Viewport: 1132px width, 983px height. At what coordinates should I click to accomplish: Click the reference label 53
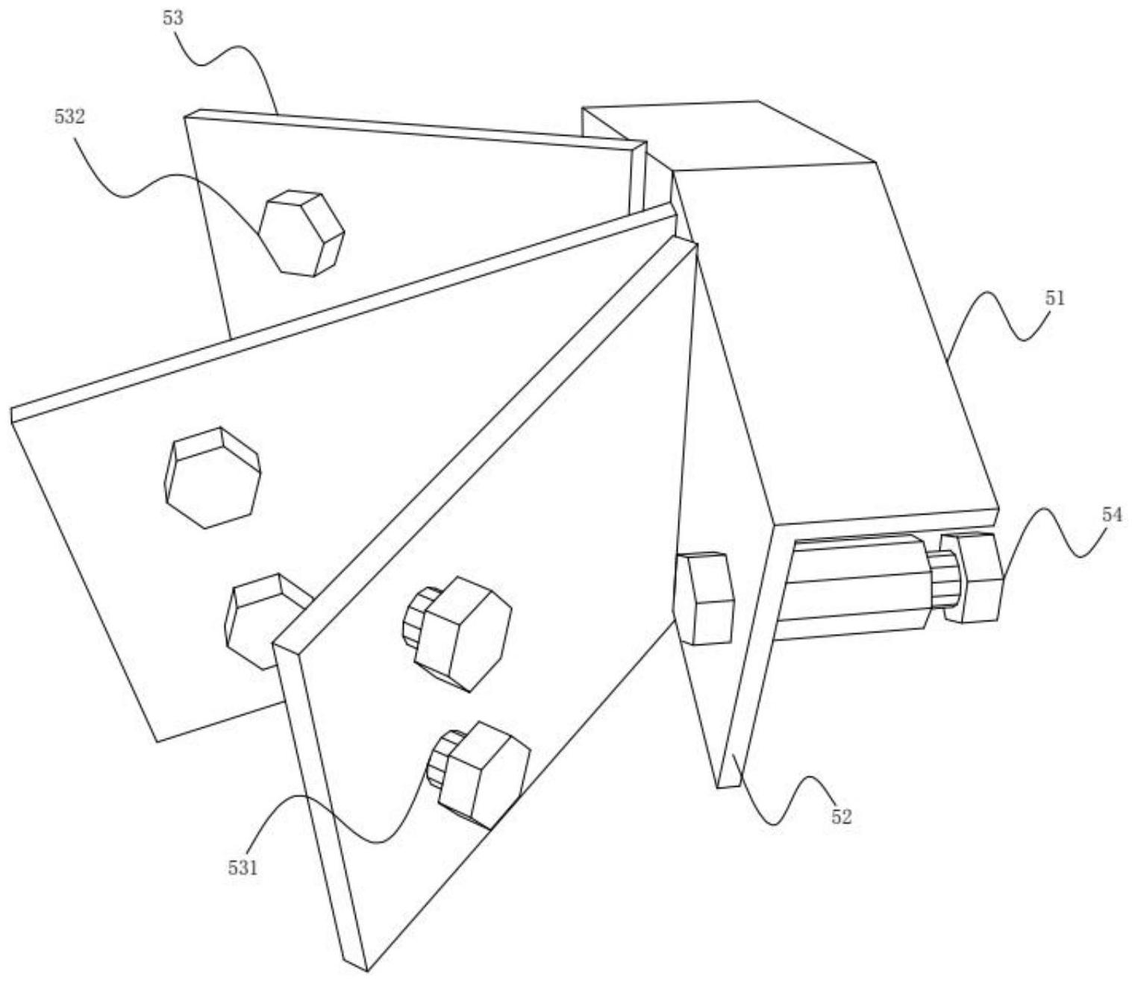(172, 18)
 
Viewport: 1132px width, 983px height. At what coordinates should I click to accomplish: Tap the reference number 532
(69, 116)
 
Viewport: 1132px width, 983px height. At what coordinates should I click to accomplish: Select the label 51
(1054, 299)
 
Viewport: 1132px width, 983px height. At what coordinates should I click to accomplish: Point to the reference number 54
(1112, 514)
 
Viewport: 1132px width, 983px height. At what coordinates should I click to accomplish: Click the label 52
(841, 816)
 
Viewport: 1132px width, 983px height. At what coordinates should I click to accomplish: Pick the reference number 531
(243, 867)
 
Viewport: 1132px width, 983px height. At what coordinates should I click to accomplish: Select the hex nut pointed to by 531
(482, 776)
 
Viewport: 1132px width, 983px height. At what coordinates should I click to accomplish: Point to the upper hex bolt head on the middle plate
(213, 477)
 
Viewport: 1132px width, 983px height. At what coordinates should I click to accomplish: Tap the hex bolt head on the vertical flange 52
(703, 598)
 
